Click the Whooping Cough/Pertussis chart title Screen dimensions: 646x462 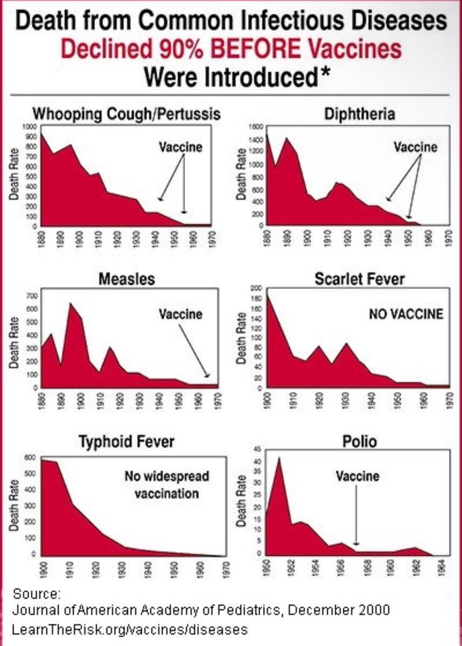[127, 114]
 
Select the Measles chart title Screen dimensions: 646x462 [126, 279]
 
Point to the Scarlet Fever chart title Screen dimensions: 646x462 [360, 279]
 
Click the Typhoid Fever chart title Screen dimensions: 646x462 [127, 442]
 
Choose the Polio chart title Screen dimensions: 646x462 [359, 442]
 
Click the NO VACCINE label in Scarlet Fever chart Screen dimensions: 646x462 [406, 314]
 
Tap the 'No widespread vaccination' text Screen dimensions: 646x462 [167, 484]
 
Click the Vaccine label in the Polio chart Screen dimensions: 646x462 [357, 476]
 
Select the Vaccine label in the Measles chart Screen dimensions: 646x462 [180, 314]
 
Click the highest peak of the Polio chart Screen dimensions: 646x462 [279, 458]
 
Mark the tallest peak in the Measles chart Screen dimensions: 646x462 [71, 304]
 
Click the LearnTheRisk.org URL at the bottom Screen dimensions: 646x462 [129, 629]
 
